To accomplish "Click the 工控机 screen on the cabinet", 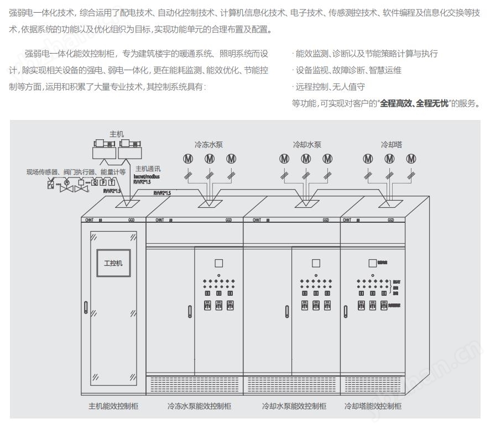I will pyautogui.click(x=113, y=263).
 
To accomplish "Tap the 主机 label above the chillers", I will pyautogui.click(x=117, y=134).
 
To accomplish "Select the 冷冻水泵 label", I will pyautogui.click(x=208, y=145).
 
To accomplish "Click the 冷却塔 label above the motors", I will pyautogui.click(x=391, y=145).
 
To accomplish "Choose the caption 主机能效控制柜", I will pyautogui.click(x=113, y=406).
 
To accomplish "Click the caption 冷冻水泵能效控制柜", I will pyautogui.click(x=199, y=406).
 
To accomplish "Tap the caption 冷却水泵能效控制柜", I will pyautogui.click(x=294, y=406).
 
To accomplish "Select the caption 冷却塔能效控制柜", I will pyautogui.click(x=373, y=406).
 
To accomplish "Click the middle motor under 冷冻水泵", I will pyautogui.click(x=210, y=159).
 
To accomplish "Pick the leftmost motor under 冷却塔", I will pyautogui.click(x=368, y=159).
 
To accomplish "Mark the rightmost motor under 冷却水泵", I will pyautogui.click(x=328, y=159).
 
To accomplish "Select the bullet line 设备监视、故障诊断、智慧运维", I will pyautogui.click(x=348, y=70).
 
